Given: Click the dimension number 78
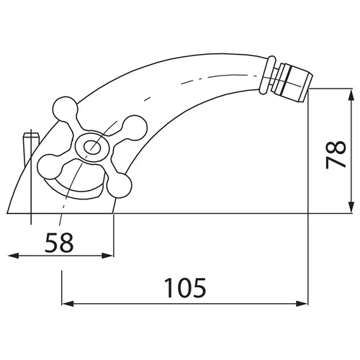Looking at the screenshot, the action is pos(336,154).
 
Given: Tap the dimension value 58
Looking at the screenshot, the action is pos(59,242).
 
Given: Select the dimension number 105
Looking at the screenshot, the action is pos(186,287).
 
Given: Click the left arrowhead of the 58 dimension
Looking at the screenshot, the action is pos(14,256).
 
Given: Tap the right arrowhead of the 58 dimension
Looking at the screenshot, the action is pos(107,256).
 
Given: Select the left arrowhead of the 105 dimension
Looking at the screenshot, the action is pos(68,304).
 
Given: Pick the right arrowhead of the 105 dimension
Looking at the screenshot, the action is pos(302,304).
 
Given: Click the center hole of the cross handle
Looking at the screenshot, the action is pos(92,146).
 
